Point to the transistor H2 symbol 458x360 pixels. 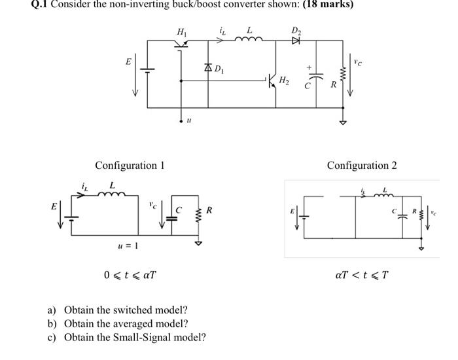pos(272,81)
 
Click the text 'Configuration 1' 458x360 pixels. pos(130,165)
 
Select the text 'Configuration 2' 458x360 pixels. pos(362,165)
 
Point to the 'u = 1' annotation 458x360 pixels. pos(124,245)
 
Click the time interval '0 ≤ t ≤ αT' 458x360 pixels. pos(130,274)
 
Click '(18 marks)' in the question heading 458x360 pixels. pos(320,5)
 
